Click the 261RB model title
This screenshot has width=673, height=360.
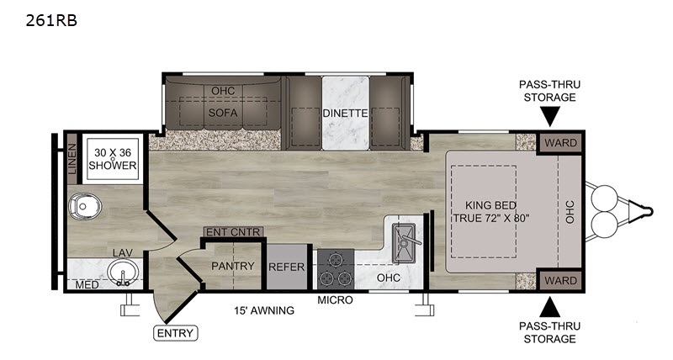coord(51,20)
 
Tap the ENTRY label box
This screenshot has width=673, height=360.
coord(176,333)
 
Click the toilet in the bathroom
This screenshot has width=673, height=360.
coord(84,206)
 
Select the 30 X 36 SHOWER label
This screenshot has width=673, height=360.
coord(113,159)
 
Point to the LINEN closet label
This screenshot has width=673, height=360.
coord(72,159)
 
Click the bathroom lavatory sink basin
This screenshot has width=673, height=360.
coord(123,273)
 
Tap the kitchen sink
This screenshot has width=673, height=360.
coord(404,243)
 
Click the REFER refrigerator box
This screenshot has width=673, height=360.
coord(287,267)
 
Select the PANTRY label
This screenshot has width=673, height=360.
coord(233,266)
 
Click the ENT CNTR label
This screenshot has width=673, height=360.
coord(233,232)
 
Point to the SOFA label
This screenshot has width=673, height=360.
coord(223,113)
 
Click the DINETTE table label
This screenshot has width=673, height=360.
coord(345,114)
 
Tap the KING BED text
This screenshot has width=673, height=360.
coord(490,205)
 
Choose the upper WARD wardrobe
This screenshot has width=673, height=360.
coord(560,143)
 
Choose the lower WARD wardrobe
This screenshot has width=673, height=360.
coord(560,281)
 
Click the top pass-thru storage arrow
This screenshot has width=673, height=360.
coord(550,116)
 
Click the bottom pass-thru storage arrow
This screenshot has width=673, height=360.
coord(550,307)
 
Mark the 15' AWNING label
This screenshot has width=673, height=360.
coord(264,310)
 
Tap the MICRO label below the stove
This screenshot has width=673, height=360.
coord(335,300)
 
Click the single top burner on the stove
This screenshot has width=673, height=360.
coord(335,259)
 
